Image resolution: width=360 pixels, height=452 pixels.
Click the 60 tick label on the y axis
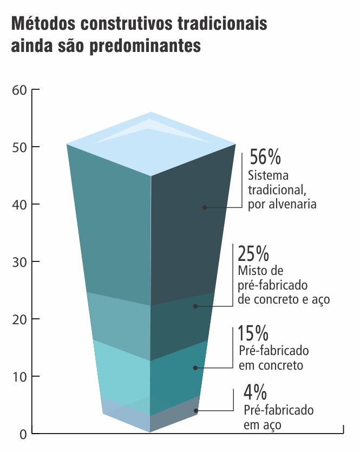[x=19, y=90]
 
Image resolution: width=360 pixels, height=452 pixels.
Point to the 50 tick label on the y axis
[x=19, y=147]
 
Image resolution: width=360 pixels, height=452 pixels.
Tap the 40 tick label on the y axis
[x=19, y=205]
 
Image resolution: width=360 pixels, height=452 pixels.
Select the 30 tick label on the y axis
[x=19, y=262]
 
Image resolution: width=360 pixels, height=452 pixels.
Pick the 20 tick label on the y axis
[x=19, y=319]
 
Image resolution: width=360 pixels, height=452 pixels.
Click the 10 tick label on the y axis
[x=19, y=377]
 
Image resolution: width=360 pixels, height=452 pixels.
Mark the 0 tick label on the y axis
[x=23, y=434]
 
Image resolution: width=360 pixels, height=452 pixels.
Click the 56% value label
[x=265, y=158]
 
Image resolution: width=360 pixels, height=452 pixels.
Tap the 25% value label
[x=253, y=253]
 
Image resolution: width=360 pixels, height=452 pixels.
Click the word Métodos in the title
[x=43, y=24]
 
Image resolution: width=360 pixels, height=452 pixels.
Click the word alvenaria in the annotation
[x=294, y=204]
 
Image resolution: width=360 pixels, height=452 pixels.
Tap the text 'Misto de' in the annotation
[x=261, y=271]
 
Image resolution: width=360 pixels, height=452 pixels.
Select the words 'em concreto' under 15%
[x=271, y=365]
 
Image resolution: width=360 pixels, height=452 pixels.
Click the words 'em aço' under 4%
[x=263, y=425]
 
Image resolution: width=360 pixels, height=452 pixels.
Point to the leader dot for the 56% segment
[x=205, y=207]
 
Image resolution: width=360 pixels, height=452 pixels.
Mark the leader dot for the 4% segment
[x=196, y=411]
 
